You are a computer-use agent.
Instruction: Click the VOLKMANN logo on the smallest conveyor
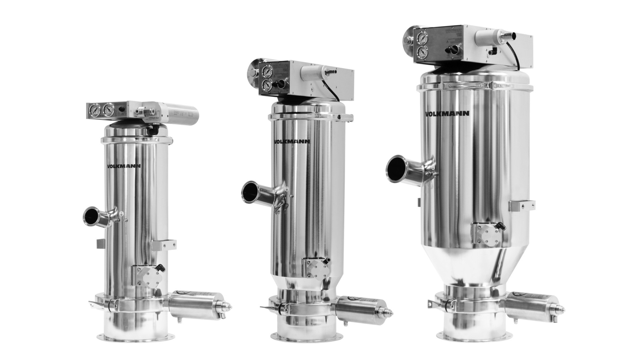tap(124, 166)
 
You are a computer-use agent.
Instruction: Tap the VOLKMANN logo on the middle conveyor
tap(292, 141)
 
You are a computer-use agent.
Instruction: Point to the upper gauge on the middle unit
tap(267, 72)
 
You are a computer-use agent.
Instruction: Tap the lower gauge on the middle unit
tap(267, 85)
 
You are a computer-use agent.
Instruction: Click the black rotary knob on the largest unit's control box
tap(453, 49)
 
